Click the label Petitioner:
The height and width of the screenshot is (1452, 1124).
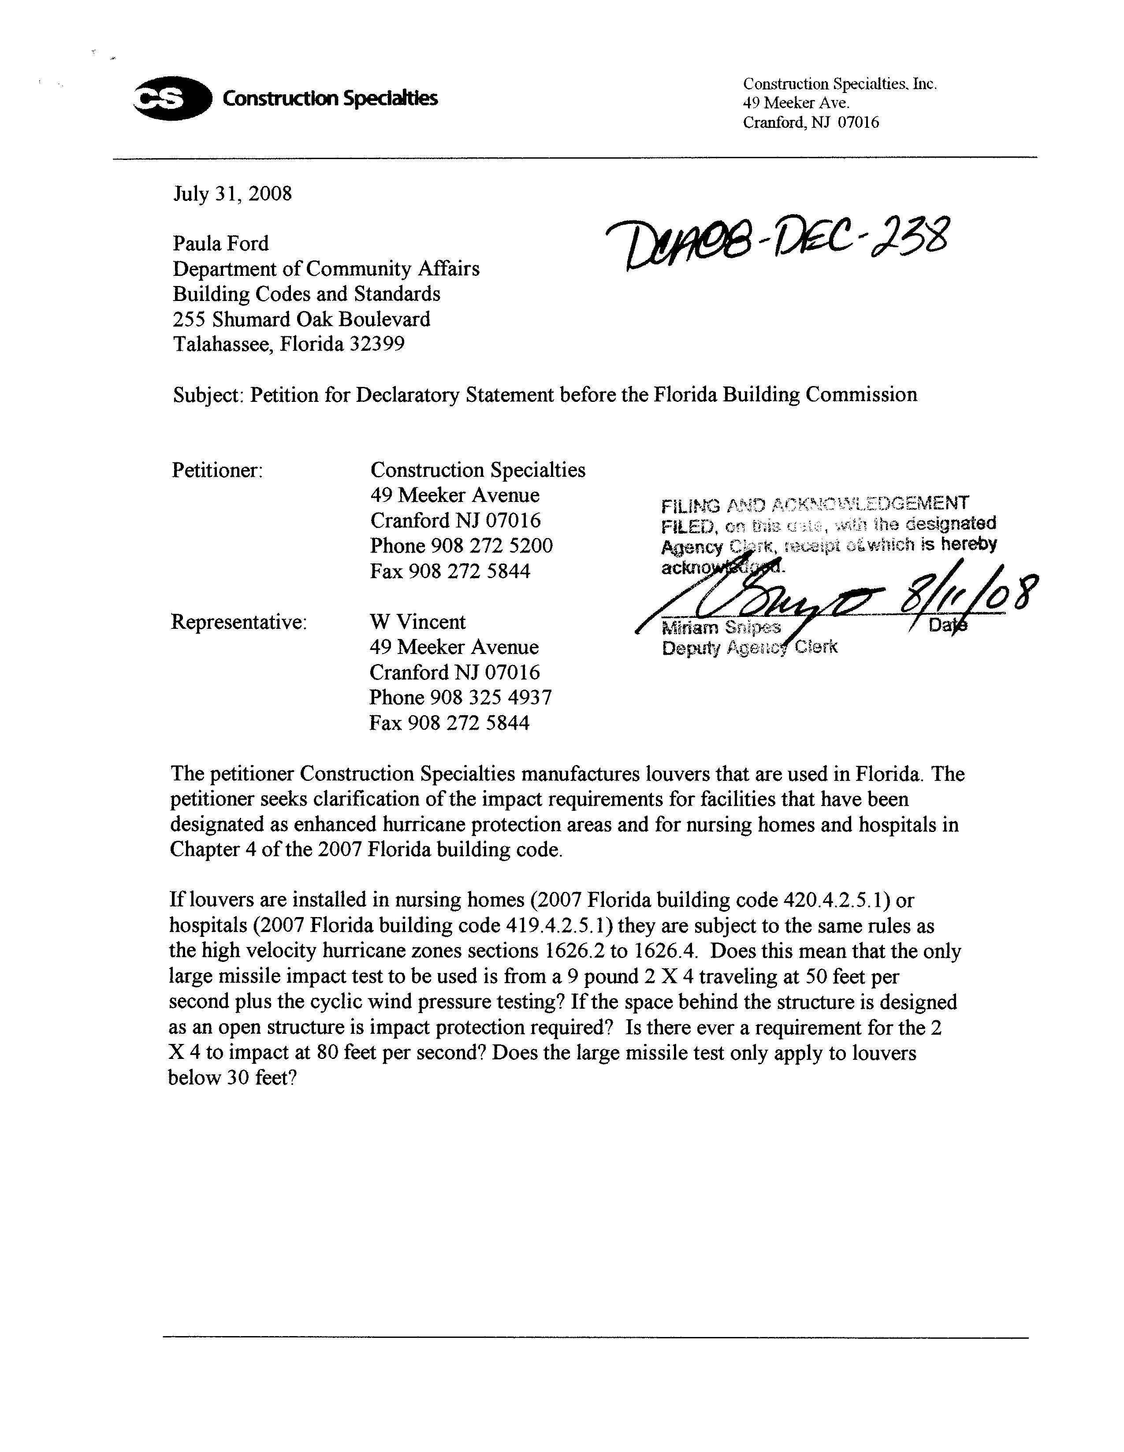coord(217,471)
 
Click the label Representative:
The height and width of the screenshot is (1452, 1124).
coord(239,622)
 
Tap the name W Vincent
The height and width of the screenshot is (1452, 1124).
coord(418,622)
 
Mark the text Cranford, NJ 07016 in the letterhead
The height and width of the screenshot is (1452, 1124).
coord(810,123)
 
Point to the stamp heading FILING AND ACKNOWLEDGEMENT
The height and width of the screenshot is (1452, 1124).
coord(815,505)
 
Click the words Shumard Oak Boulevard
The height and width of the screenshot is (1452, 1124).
coord(321,319)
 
